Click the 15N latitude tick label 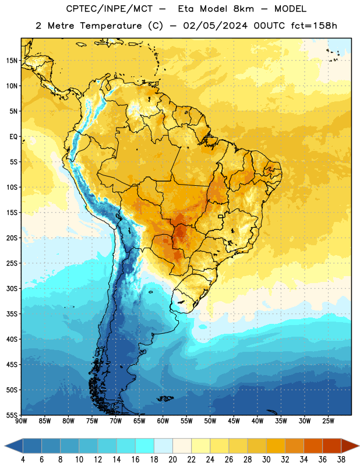click(12, 61)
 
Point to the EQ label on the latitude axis click(13, 137)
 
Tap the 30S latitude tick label click(12, 288)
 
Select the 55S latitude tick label click(12, 415)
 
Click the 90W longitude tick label click(21, 421)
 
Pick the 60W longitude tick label click(163, 421)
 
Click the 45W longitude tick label click(234, 421)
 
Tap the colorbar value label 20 click(172, 460)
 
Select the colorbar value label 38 click(341, 460)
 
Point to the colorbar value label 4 click(23, 460)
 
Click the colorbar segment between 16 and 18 click(145, 446)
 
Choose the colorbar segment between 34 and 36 click(313, 446)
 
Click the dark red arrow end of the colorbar click(350, 446)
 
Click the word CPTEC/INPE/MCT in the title click(110, 9)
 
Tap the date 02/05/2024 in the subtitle click(215, 26)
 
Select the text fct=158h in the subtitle click(314, 26)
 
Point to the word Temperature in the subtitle click(111, 26)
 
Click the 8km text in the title click(243, 9)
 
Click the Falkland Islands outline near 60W click(165, 398)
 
